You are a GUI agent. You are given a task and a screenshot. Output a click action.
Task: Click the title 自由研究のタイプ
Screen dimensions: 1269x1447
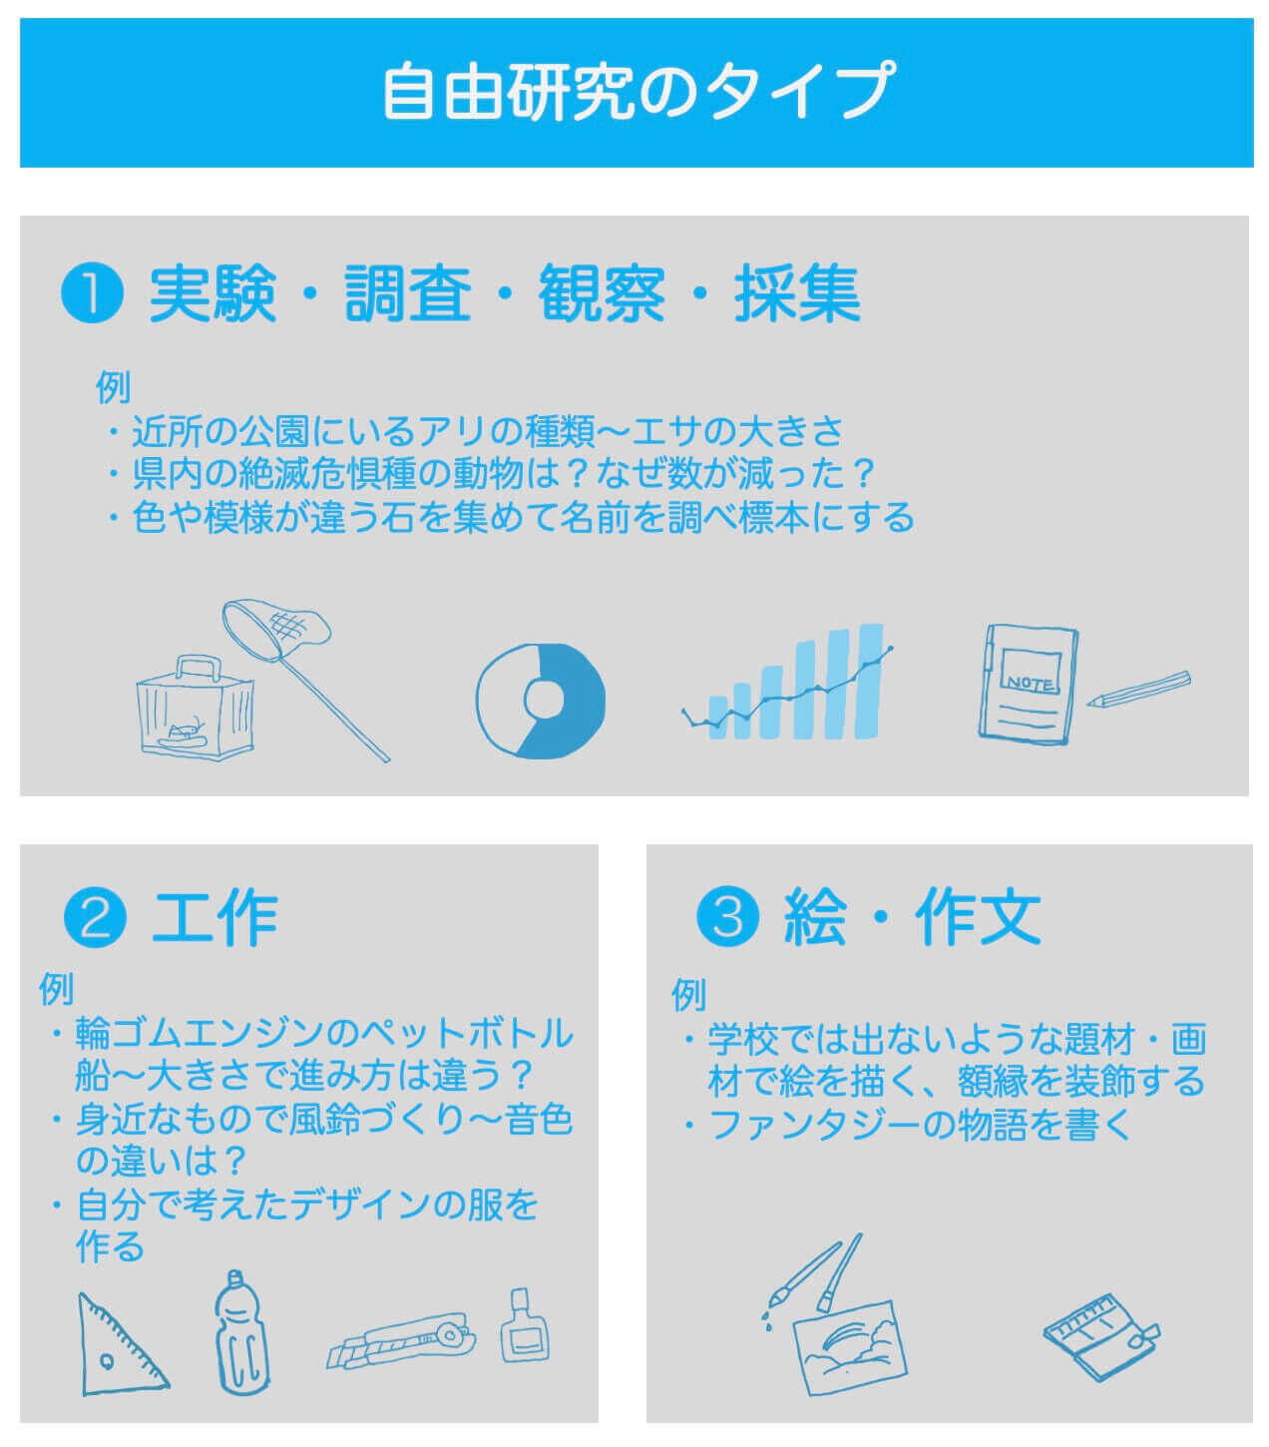637,91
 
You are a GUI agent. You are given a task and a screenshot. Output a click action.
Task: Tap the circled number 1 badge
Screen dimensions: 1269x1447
93,292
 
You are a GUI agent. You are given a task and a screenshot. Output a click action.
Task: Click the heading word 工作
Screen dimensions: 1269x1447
214,918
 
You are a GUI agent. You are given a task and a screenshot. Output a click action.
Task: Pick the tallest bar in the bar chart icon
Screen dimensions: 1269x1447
871,682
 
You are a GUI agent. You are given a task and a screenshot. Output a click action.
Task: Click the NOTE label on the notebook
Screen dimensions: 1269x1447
1029,684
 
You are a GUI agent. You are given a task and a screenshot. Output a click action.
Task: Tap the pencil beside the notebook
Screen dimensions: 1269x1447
1138,690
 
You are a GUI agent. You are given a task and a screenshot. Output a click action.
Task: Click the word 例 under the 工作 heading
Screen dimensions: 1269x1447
57,988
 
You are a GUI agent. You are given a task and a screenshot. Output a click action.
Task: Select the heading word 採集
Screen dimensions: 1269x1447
797,292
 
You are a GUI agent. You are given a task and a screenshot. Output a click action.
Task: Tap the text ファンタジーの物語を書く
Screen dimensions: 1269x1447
921,1125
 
